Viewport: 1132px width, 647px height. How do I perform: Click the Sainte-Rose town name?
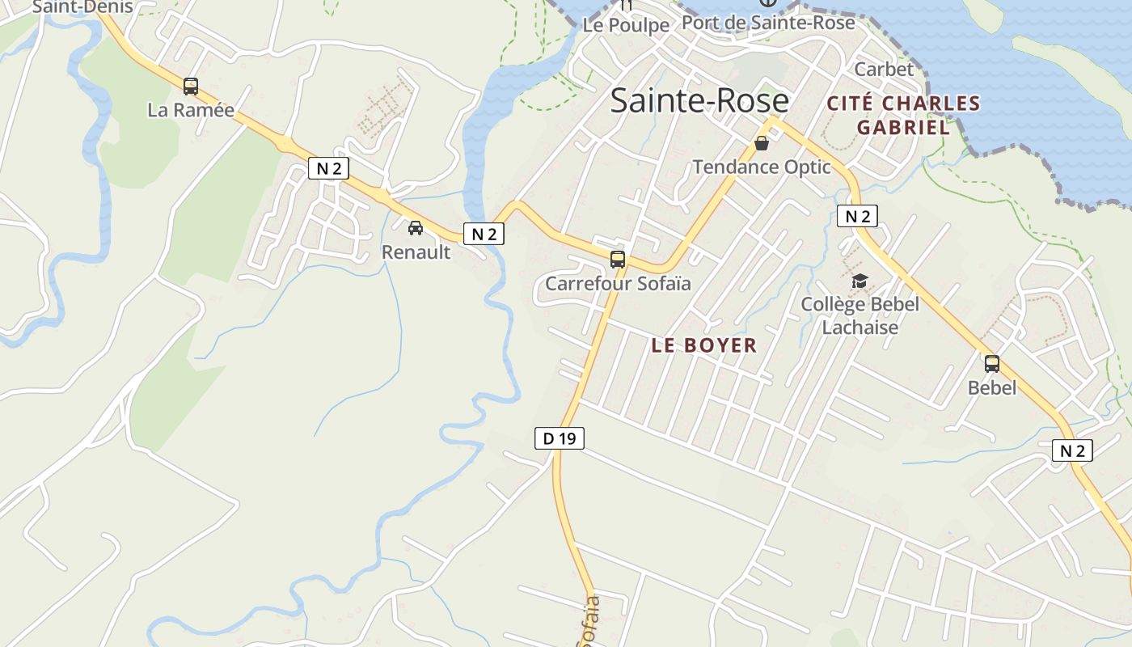coord(699,100)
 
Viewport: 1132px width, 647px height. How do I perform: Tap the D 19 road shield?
coord(559,438)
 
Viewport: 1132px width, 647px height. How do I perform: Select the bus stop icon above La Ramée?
coord(191,87)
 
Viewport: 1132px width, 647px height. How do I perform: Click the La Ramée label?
coord(191,110)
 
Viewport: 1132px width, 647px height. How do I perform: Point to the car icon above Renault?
coord(416,228)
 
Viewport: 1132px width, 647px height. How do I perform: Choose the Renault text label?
coord(416,252)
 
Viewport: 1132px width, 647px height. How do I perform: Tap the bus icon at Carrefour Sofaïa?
coord(618,260)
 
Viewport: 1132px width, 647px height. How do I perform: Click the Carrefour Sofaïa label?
coord(618,283)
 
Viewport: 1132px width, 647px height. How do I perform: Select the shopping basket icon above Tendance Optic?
coord(762,144)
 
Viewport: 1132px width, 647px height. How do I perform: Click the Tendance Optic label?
coord(762,167)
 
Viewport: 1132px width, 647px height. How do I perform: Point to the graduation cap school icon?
coord(860,281)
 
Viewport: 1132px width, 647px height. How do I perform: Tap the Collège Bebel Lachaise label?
coord(860,315)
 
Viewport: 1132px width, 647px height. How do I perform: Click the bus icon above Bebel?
coord(992,364)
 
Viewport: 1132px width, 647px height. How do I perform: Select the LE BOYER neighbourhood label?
coord(704,345)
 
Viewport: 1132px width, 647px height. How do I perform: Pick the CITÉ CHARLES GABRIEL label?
coord(903,115)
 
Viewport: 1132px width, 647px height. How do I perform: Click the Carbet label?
coord(884,70)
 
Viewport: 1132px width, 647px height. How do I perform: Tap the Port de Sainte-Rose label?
coord(768,23)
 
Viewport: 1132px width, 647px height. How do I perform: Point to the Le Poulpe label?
coord(627,25)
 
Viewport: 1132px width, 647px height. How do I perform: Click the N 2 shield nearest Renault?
coord(484,234)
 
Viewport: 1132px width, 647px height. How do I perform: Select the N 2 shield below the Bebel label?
coord(1072,450)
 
